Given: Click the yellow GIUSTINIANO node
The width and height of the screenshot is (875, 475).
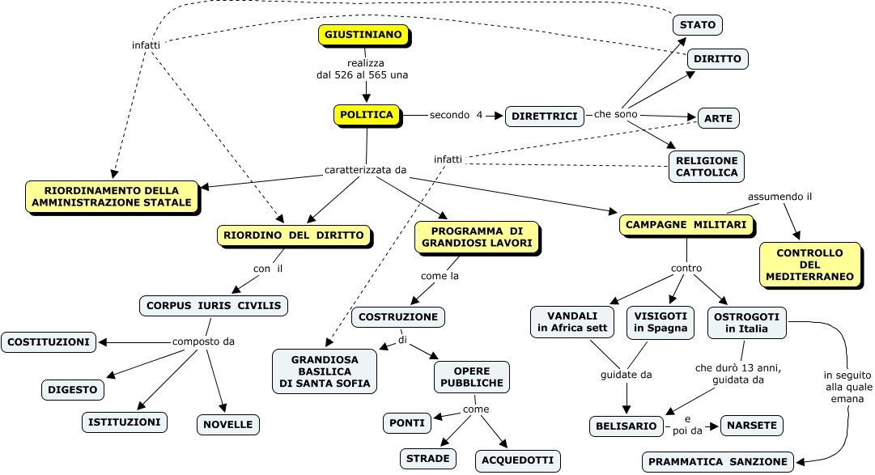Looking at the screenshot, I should [x=363, y=36].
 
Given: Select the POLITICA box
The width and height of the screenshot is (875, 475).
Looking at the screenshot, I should [x=367, y=115].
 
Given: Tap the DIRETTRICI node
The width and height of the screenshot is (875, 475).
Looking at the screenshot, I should [x=545, y=117].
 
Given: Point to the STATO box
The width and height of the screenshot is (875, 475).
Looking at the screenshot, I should [x=697, y=25].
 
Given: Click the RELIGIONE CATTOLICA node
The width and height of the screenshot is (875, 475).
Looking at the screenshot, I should [x=707, y=166].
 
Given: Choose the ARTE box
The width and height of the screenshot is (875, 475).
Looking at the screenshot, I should [x=718, y=118].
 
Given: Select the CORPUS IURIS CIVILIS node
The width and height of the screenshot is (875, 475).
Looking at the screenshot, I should [x=213, y=305].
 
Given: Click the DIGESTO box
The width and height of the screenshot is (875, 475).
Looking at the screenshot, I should [x=73, y=389].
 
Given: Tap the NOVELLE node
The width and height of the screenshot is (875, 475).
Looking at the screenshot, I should [x=228, y=424].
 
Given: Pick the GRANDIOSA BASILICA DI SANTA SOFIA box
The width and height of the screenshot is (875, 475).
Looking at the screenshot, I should [x=325, y=371].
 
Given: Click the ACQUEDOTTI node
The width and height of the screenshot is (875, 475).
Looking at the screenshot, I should [x=517, y=460].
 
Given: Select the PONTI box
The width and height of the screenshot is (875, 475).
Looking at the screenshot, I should [x=407, y=422].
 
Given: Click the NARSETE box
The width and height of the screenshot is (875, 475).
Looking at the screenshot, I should [x=752, y=425].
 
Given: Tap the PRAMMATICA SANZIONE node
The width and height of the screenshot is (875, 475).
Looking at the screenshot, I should [x=717, y=461].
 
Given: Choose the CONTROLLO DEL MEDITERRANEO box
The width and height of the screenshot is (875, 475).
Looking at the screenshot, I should [x=809, y=264].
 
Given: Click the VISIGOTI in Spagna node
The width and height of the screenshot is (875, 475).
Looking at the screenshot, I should [x=660, y=321].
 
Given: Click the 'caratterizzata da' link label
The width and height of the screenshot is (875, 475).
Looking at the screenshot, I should [x=365, y=171].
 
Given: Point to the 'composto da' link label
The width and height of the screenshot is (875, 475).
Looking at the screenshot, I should [x=203, y=341].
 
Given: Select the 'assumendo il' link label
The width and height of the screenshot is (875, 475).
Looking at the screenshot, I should [x=779, y=197].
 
